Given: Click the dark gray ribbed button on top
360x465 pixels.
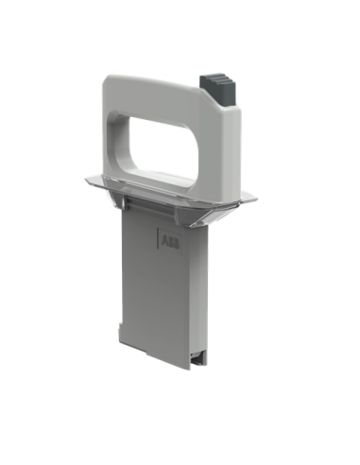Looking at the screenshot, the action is coord(217,90).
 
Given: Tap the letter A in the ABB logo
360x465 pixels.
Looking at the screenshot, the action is coord(165,242).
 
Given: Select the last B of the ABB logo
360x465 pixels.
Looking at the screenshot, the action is coord(177,244).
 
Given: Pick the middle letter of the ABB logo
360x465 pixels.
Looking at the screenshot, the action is coord(171,243).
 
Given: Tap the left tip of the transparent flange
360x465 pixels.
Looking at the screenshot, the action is coord(86,180).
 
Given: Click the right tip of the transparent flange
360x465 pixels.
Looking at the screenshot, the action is coord(256,198).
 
